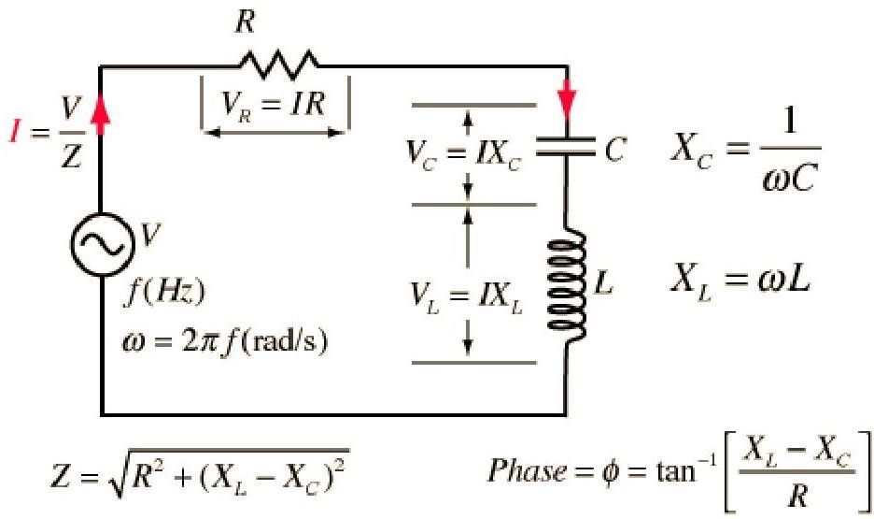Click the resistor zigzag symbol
(280, 63)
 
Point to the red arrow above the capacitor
(567, 97)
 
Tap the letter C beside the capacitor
(613, 150)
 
